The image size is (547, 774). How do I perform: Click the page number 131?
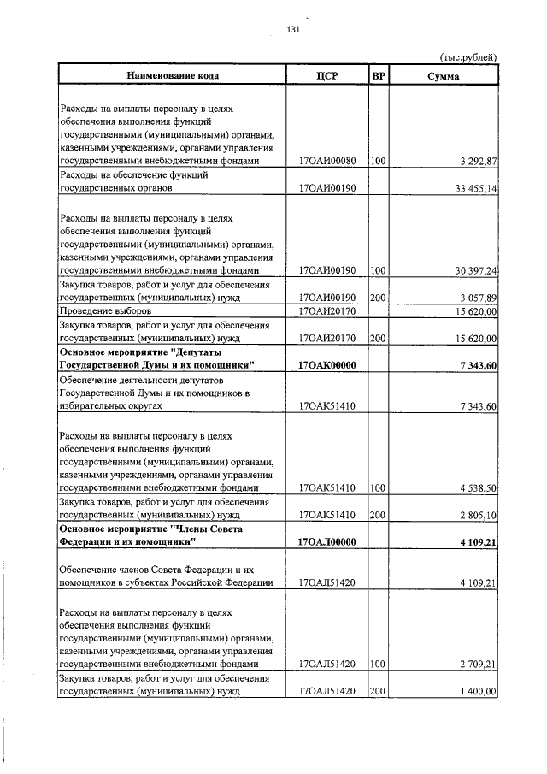click(292, 30)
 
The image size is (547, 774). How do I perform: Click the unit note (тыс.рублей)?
click(468, 57)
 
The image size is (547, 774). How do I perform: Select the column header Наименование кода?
click(173, 76)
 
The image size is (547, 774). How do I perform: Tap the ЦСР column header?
click(327, 76)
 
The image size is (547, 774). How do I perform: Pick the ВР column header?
click(379, 76)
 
